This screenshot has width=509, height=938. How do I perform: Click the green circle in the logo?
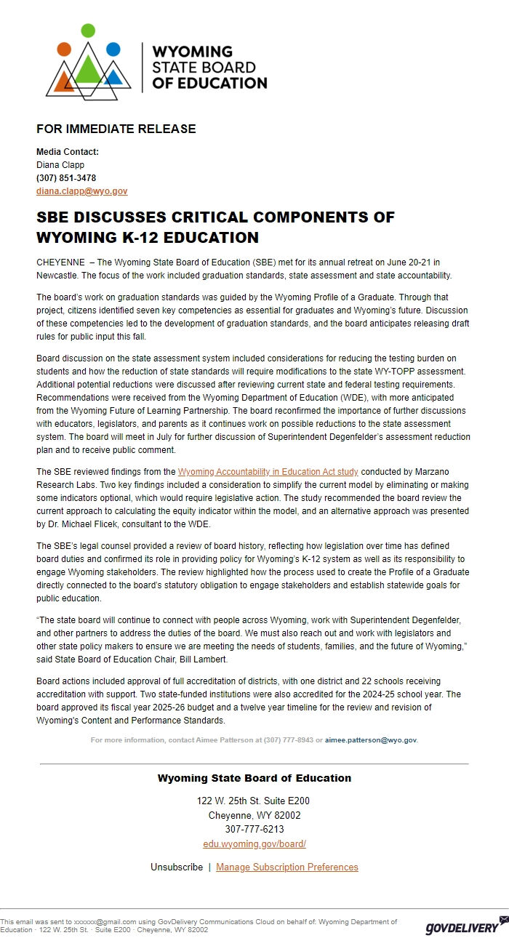(x=88, y=30)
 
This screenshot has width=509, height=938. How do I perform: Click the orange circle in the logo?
(x=64, y=49)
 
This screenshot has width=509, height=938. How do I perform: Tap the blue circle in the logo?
(x=113, y=49)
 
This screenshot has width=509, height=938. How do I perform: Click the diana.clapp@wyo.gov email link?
(x=81, y=191)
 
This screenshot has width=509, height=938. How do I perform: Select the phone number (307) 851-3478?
(x=66, y=178)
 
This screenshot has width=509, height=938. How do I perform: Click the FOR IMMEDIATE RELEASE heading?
(x=116, y=129)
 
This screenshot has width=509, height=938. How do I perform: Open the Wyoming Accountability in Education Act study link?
(x=268, y=472)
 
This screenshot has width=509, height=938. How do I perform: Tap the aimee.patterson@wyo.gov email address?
(x=371, y=739)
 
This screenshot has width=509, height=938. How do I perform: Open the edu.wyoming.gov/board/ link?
(x=254, y=843)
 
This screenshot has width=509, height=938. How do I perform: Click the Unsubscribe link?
(x=177, y=867)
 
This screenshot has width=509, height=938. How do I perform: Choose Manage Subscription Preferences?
(x=287, y=867)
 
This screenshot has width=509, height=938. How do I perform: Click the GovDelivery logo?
(x=462, y=926)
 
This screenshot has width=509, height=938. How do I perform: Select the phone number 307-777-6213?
(x=254, y=829)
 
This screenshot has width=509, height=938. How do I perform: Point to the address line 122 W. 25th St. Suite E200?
(x=254, y=801)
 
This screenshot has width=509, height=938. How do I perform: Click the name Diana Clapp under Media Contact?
(x=60, y=165)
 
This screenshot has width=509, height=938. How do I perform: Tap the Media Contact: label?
(x=68, y=152)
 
